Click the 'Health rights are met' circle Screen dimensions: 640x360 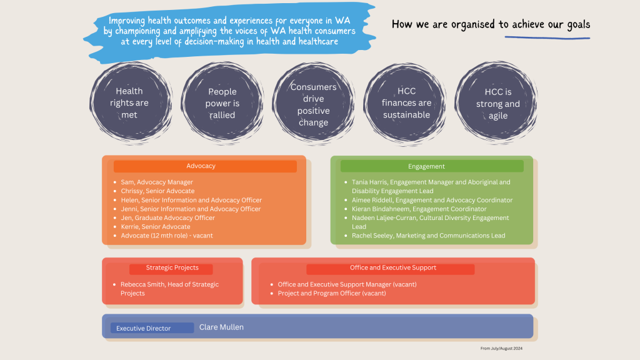(130, 103)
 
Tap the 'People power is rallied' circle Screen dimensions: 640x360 (222, 103)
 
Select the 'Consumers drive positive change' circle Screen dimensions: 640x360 (314, 104)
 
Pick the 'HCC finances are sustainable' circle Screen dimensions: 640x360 (405, 104)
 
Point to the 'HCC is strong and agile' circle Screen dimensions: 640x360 (496, 103)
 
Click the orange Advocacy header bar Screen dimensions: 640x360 (205, 166)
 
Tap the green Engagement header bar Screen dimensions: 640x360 (432, 166)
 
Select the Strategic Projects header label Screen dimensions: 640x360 (171, 269)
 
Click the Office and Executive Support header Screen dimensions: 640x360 (390, 269)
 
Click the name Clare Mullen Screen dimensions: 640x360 (221, 327)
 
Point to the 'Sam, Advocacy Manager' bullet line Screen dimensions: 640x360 (157, 182)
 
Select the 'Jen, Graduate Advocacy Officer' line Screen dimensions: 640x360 (167, 217)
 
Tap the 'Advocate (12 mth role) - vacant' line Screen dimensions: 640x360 (166, 236)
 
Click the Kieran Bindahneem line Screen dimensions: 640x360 (419, 209)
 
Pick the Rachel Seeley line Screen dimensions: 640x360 (428, 236)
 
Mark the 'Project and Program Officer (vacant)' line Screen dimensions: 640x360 (331, 293)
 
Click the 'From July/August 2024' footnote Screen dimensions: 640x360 (501, 349)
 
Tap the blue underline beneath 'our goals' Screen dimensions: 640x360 (547, 38)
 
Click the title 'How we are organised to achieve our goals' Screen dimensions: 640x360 (491, 24)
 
